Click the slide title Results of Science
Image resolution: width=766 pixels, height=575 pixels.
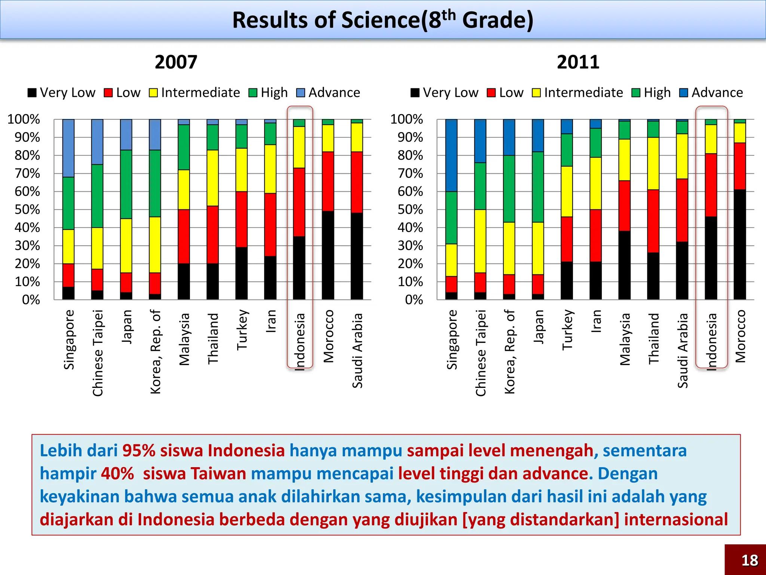click(383, 20)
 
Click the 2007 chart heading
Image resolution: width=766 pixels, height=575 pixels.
click(176, 62)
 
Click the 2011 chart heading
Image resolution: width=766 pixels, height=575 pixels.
click(578, 62)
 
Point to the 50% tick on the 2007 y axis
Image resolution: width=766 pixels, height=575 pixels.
click(27, 209)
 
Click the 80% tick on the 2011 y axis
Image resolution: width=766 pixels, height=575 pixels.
click(410, 155)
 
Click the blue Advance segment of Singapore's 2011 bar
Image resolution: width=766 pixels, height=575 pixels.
click(451, 155)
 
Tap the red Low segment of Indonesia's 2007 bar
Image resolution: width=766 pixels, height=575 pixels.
click(299, 202)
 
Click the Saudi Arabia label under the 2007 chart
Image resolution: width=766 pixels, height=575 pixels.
click(358, 350)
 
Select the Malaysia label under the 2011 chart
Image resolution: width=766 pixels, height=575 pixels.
click(625, 339)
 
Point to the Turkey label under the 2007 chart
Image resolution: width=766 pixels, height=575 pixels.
click(242, 329)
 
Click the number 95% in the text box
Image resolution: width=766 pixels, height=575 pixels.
click(139, 450)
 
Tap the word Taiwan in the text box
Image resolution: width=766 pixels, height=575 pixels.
click(218, 474)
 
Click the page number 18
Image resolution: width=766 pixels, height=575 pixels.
click(750, 560)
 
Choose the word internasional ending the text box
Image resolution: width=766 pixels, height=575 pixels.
click(675, 520)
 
